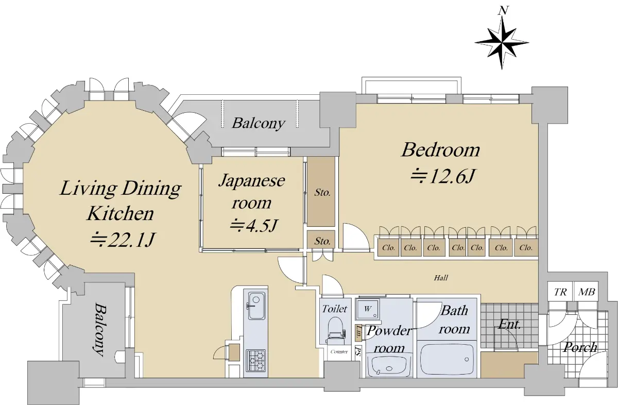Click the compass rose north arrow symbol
pos(502,41)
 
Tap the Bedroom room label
pos(441,150)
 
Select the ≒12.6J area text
pos(442,176)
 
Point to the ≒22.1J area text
pos(123,240)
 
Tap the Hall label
pos(441,277)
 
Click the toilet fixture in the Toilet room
pos(335,330)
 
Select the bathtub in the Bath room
pos(447,359)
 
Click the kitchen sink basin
pos(256,306)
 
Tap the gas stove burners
pos(255,361)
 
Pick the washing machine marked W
pos(368,309)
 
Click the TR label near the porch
pos(560,292)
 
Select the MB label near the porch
pos(587,292)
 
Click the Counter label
pos(339,352)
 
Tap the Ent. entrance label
pos(509,324)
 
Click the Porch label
pos(580,347)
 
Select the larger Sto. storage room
pos(321,192)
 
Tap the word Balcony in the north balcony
pos(259,123)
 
